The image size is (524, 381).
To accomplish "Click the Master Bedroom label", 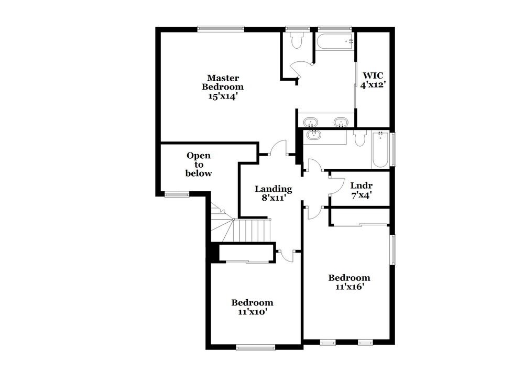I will coord(223,82).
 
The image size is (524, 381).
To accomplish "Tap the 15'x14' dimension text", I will coord(223,96).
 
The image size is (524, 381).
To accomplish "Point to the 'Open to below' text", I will coord(199,164).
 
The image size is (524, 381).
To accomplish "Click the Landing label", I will coord(273,189).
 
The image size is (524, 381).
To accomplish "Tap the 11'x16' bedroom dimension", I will coord(349,287).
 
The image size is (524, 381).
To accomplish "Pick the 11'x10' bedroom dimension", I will coord(253,311).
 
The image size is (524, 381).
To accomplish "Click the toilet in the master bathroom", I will coord(297,41).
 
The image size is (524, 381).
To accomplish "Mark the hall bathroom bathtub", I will coord(380,150).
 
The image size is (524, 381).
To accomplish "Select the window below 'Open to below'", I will coord(177,194).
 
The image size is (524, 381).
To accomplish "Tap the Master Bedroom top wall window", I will coord(221,29).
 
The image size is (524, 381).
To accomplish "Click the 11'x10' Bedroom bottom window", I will coord(255,346).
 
